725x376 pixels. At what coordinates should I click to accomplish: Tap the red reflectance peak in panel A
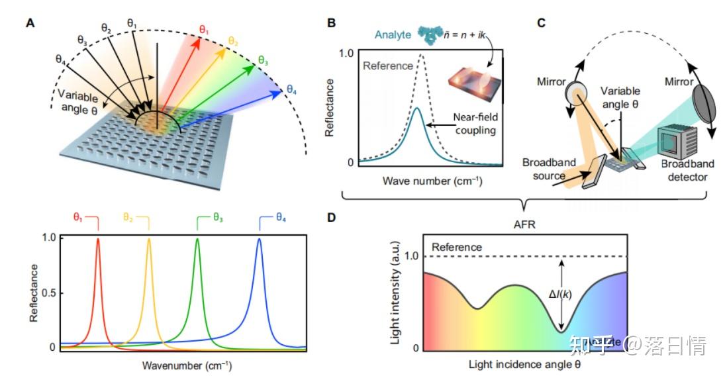tap(98, 241)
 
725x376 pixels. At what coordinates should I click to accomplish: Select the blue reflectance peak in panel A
tap(259, 241)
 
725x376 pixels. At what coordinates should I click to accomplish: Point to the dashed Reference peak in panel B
tap(421, 58)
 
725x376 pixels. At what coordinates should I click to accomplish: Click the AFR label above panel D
tap(523, 223)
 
